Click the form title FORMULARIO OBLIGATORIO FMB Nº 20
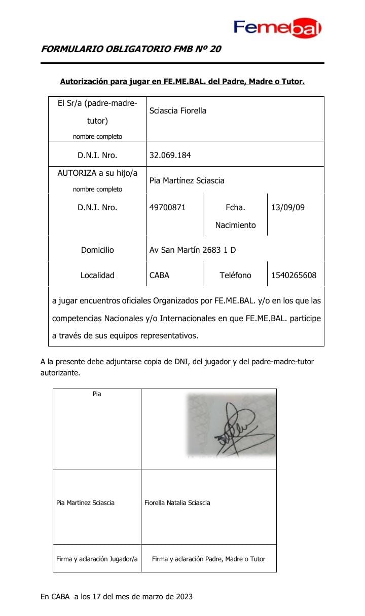(131, 50)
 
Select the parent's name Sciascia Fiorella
(178, 110)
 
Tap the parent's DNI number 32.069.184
(170, 156)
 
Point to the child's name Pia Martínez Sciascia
(187, 180)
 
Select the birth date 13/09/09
(288, 207)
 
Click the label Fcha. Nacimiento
(235, 216)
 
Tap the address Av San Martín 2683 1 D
(193, 250)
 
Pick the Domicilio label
(97, 250)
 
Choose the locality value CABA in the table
(160, 276)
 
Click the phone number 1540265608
(294, 276)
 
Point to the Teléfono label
(235, 276)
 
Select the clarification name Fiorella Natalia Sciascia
(177, 503)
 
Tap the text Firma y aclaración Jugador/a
(97, 559)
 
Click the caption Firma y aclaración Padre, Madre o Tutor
(208, 559)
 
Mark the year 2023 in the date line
(184, 597)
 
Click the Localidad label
(97, 276)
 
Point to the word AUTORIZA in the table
(77, 173)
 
